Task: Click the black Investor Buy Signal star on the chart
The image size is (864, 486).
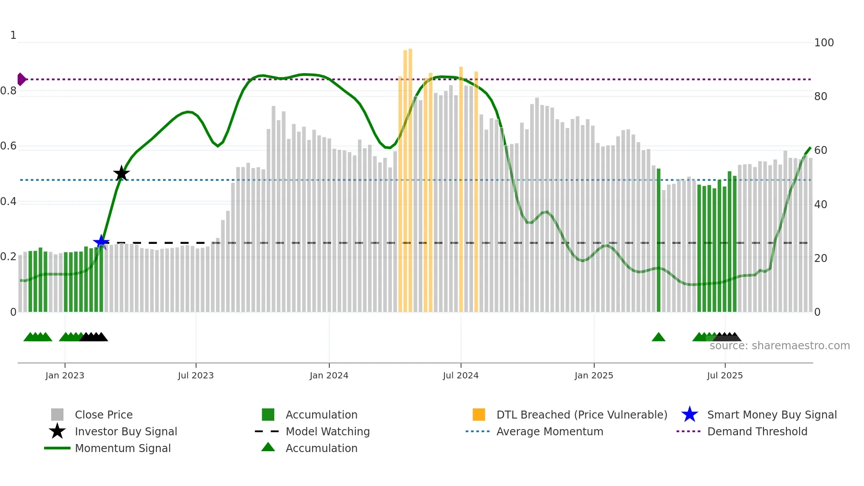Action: pyautogui.click(x=121, y=173)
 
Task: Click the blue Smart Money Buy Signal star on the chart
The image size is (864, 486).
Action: pyautogui.click(x=101, y=242)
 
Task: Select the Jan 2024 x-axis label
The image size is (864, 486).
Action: pyautogui.click(x=329, y=375)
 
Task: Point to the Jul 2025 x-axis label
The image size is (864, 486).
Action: pyautogui.click(x=725, y=375)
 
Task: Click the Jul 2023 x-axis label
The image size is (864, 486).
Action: pyautogui.click(x=196, y=375)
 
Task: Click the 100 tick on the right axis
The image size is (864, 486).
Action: pyautogui.click(x=823, y=43)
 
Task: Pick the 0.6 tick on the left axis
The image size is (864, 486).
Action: pyautogui.click(x=8, y=146)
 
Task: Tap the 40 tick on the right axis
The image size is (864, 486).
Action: pyautogui.click(x=820, y=204)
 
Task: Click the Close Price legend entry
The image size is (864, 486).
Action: pyautogui.click(x=104, y=415)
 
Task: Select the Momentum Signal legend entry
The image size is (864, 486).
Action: pyautogui.click(x=123, y=448)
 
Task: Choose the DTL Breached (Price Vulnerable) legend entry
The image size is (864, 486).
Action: pyautogui.click(x=581, y=415)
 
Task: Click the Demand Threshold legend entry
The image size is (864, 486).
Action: pyautogui.click(x=757, y=431)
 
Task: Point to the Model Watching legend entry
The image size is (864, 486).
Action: pyautogui.click(x=328, y=431)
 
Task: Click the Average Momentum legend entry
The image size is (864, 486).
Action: pyautogui.click(x=550, y=431)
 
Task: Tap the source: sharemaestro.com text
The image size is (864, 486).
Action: pyautogui.click(x=779, y=346)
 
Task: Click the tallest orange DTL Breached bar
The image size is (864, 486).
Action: pyautogui.click(x=410, y=176)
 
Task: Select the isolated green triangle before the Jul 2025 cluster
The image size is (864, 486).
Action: pyautogui.click(x=659, y=337)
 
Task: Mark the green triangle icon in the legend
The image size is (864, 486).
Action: pyautogui.click(x=268, y=447)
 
